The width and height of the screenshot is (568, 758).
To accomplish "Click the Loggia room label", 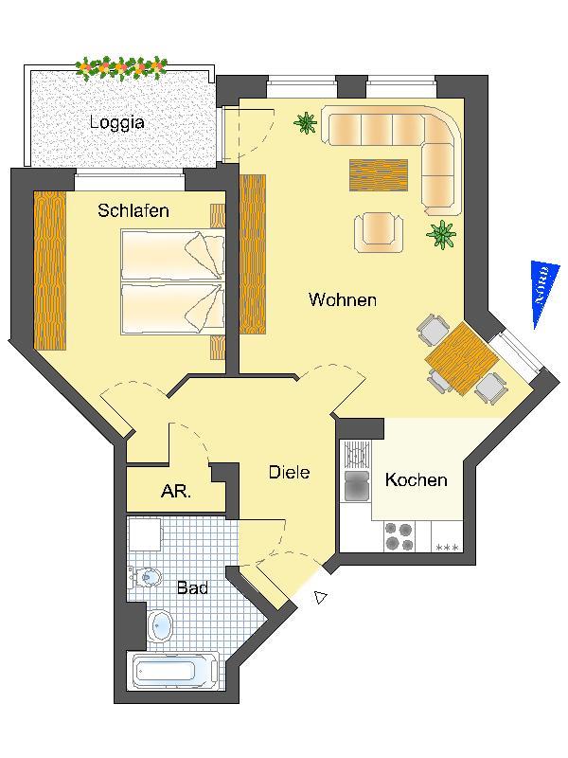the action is (x=116, y=122).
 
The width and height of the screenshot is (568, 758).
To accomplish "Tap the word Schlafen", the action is (x=133, y=210).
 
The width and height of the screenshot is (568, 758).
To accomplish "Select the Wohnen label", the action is (x=343, y=299).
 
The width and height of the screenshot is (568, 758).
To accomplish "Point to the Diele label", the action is (x=289, y=472).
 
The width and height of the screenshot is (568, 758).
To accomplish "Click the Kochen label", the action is (x=416, y=479).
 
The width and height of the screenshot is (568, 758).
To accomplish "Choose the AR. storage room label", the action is (x=176, y=492).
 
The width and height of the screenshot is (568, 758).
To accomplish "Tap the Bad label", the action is (x=193, y=587).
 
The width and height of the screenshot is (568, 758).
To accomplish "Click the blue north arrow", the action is (x=542, y=294).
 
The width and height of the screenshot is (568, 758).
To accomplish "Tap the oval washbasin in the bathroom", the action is (x=161, y=626).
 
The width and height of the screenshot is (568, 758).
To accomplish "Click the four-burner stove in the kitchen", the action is (x=399, y=536).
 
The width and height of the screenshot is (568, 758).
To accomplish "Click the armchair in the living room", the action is (x=379, y=232).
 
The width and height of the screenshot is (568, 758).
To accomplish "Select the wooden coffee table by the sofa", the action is (x=379, y=175).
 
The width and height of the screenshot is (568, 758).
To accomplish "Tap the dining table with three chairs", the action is (x=461, y=359).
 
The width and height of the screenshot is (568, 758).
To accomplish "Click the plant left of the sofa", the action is (x=305, y=123).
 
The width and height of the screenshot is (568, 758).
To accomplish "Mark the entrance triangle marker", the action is (x=320, y=598).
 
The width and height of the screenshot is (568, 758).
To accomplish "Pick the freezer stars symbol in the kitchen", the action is (x=447, y=548).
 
